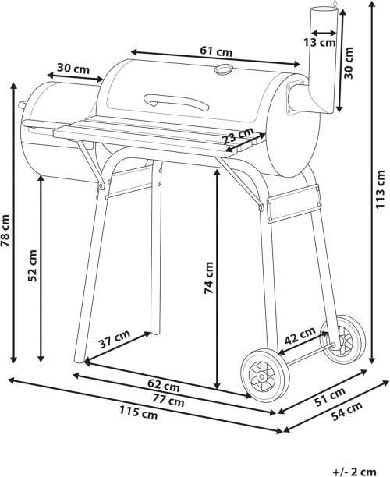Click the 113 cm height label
pos(380,189)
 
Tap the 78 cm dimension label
pos(5,231)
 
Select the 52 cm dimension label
pos(32,266)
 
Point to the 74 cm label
pos(208,278)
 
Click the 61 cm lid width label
pos(216,51)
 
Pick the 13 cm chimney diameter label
pos(320,42)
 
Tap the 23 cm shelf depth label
pos(239,136)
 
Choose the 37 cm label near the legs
pos(115,339)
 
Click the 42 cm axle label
pos(300,336)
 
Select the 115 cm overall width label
pos(139,413)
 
